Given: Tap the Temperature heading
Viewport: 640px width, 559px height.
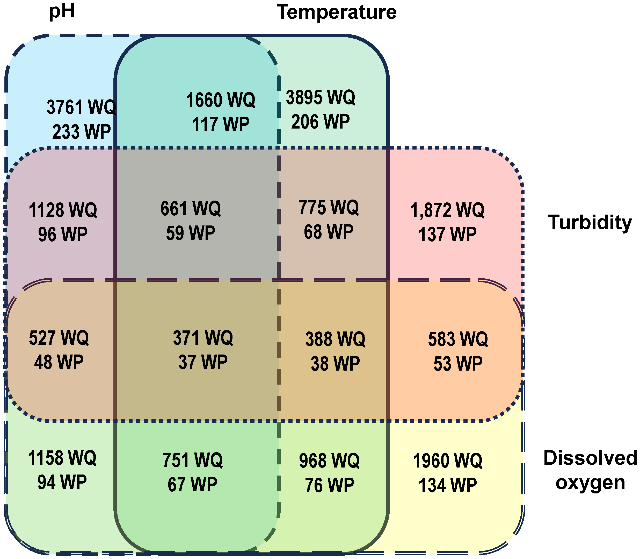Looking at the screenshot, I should click(x=337, y=12).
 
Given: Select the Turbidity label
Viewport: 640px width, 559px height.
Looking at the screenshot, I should click(x=590, y=223).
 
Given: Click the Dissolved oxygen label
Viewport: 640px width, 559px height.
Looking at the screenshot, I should click(x=590, y=470).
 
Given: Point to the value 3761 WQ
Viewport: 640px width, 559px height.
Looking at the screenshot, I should click(x=81, y=107).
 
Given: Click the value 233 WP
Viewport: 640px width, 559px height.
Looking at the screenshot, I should click(x=81, y=131).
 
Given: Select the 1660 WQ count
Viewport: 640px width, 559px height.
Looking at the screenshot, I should click(x=221, y=100).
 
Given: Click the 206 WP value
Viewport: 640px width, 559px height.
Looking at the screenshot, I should click(x=321, y=121).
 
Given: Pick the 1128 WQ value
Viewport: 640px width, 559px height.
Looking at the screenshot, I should click(x=63, y=210).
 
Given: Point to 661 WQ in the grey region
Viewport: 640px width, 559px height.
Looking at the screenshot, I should click(x=191, y=208).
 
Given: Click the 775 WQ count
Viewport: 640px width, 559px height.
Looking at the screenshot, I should click(x=329, y=207).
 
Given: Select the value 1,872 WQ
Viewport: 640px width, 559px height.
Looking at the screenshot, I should click(x=447, y=210).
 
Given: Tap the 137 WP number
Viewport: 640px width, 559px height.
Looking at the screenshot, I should click(x=447, y=235).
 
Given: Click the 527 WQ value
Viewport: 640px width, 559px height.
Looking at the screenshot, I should click(x=59, y=338).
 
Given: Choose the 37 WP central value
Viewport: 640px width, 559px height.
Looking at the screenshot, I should click(x=203, y=362).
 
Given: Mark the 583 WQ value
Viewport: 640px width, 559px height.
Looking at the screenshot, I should click(x=458, y=339).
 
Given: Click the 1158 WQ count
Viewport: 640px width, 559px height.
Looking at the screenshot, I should click(x=62, y=458).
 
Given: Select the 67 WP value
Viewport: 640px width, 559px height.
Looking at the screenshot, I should click(x=193, y=484).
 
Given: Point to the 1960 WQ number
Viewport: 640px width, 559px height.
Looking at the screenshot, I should click(x=447, y=461).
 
